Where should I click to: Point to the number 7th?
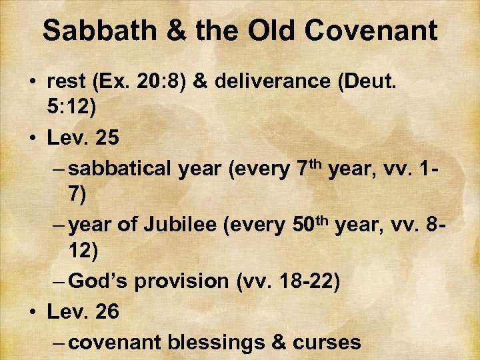306,167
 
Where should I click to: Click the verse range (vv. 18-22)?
288,281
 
